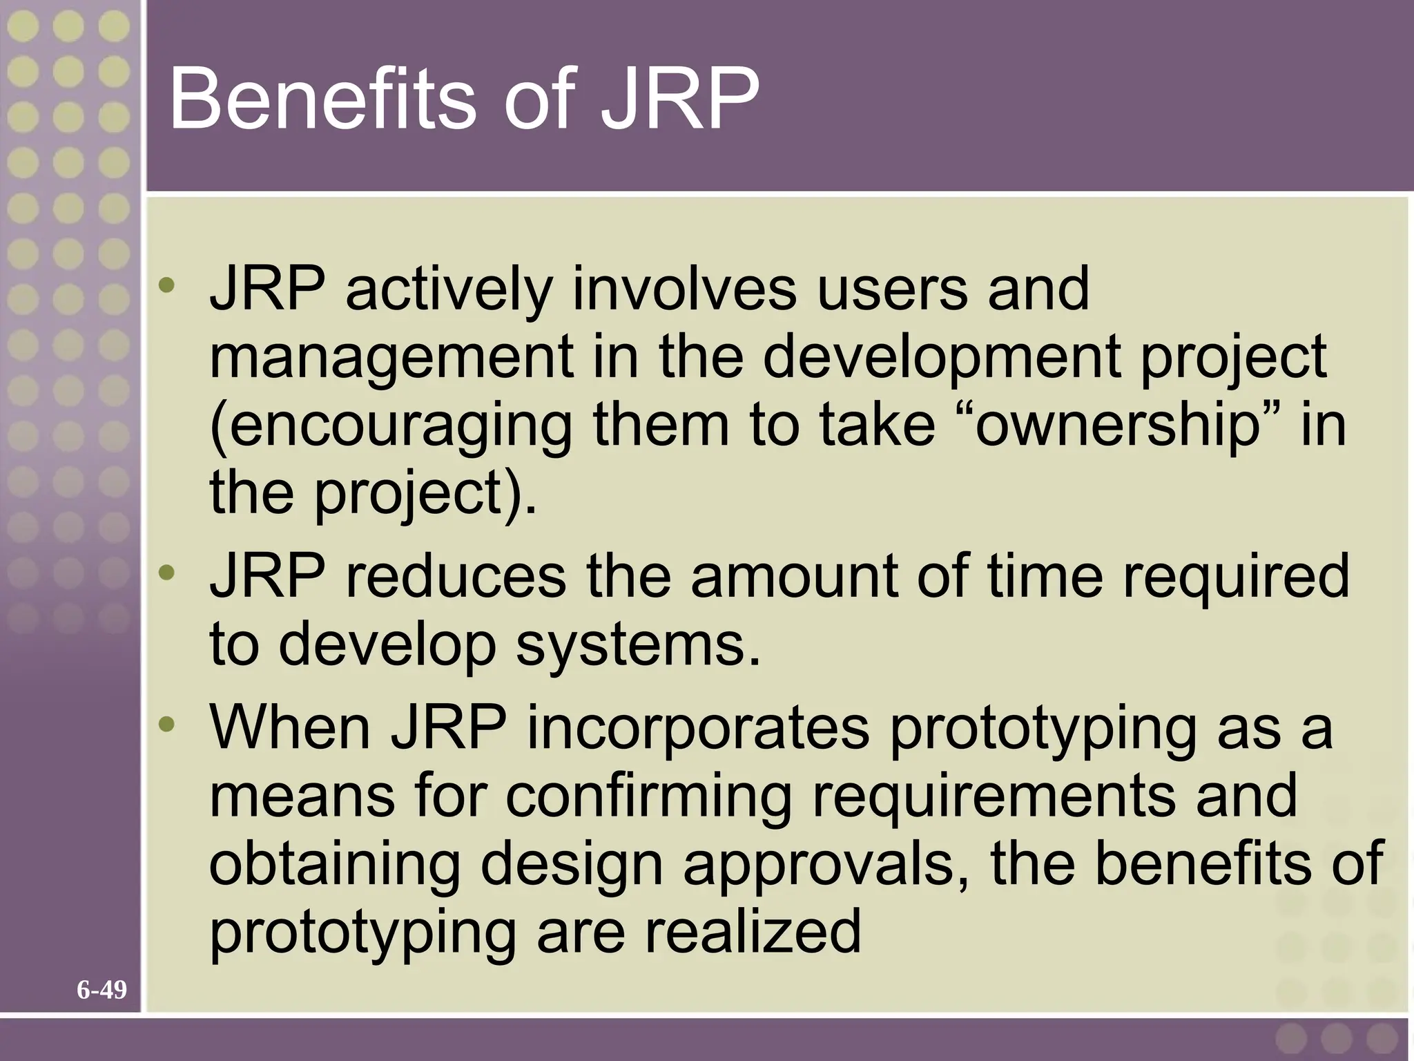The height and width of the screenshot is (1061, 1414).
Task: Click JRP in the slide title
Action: pos(679,98)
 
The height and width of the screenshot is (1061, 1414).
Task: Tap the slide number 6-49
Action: pos(101,990)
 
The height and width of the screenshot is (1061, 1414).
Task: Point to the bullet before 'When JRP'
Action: pos(166,724)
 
